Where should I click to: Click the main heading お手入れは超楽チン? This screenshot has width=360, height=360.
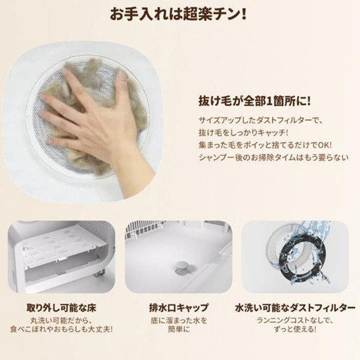178,14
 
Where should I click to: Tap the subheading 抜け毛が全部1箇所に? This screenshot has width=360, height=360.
255,101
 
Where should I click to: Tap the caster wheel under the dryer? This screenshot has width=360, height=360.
100,273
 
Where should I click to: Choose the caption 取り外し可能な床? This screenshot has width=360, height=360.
61,308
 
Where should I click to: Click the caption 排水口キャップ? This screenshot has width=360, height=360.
179,308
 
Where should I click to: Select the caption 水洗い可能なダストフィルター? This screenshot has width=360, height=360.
295,308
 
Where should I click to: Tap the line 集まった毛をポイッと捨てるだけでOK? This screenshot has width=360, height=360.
265,145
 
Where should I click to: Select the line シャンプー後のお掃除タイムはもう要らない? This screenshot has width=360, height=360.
274,158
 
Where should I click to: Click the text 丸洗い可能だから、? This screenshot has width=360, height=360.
61,320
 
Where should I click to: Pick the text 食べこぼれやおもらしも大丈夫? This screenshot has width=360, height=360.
61,330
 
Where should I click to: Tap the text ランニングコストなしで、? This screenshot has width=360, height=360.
295,320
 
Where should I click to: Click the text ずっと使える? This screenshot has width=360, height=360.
295,330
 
